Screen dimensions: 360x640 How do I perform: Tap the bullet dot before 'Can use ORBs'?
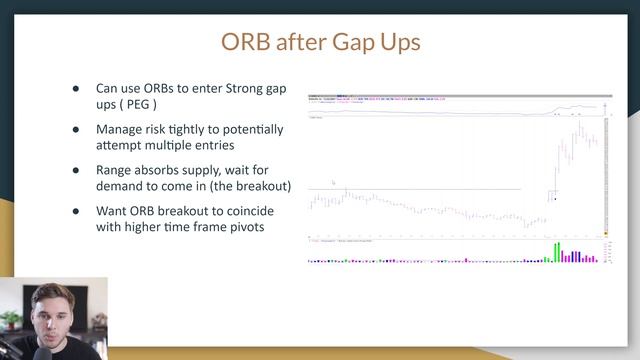(x=75, y=89)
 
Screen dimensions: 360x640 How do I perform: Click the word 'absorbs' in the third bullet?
(x=163, y=171)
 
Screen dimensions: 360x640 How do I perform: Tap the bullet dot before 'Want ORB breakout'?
(x=75, y=212)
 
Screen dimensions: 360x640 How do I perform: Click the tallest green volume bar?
(x=558, y=250)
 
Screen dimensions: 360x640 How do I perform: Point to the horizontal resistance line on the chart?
(x=430, y=189)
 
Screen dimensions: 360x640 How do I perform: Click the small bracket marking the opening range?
(x=552, y=193)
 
